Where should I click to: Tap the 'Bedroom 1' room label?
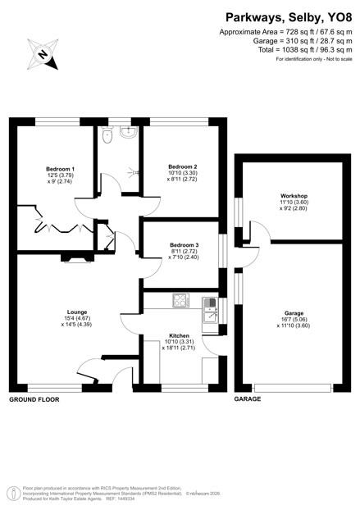(x=60, y=169)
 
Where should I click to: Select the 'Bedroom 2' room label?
(x=182, y=166)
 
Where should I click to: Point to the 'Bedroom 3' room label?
(x=184, y=245)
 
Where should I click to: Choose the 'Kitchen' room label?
(x=180, y=336)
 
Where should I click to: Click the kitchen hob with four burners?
(x=180, y=302)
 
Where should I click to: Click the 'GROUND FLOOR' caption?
(x=34, y=399)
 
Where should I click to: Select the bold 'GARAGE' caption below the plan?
(x=248, y=399)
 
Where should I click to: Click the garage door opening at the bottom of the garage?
(x=294, y=386)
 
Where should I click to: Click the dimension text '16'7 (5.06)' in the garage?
(x=293, y=320)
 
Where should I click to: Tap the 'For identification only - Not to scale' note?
(x=313, y=60)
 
